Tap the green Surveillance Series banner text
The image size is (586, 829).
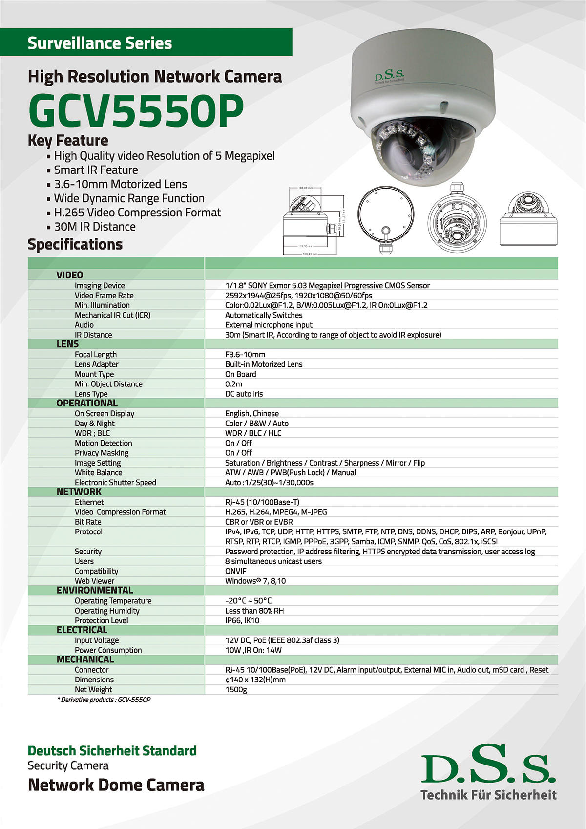100,43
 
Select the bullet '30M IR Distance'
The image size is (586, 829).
95,227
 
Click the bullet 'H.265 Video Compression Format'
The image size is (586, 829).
137,213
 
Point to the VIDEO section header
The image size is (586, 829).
69,275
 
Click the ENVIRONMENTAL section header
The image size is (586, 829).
94,590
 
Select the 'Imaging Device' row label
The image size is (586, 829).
100,285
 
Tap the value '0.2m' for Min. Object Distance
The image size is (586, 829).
233,384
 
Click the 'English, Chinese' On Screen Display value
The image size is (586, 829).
252,413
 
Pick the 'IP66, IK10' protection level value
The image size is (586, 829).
242,620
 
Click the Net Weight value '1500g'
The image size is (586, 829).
236,689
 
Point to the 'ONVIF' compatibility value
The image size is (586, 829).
236,571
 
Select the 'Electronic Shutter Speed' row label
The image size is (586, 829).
115,482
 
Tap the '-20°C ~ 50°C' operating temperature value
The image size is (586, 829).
248,601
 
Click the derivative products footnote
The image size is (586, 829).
104,700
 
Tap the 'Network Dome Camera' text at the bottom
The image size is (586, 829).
116,785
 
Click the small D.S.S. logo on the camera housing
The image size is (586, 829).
389,77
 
